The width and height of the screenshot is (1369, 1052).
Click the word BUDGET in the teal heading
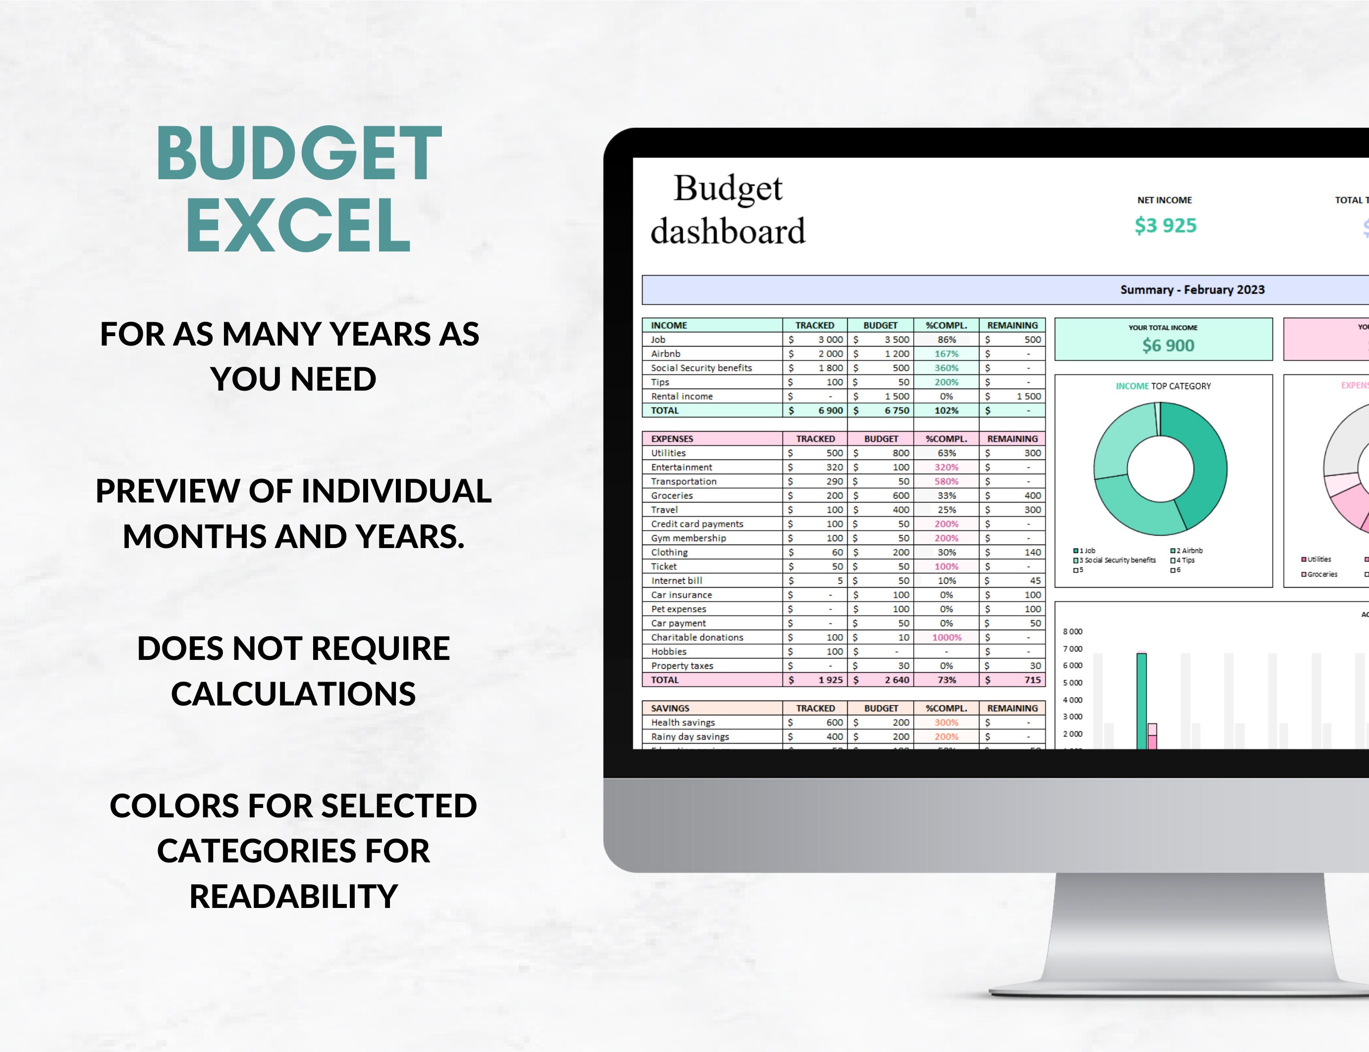tap(298, 153)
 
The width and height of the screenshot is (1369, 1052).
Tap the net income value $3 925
tap(1165, 225)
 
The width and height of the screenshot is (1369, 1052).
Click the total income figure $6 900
tap(1168, 345)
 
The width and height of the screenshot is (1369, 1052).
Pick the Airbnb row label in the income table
tap(665, 354)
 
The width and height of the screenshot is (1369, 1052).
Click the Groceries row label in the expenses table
tap(672, 496)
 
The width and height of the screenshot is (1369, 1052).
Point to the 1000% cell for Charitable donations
tap(946, 638)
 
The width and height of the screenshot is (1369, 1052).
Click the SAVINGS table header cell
tap(670, 708)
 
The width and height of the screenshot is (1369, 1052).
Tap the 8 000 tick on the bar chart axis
tap(1072, 632)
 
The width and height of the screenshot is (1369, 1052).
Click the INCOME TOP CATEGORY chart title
tap(1163, 386)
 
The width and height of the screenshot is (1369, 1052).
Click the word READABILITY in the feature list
tap(293, 896)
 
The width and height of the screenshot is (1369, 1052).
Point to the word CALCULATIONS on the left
tap(293, 694)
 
